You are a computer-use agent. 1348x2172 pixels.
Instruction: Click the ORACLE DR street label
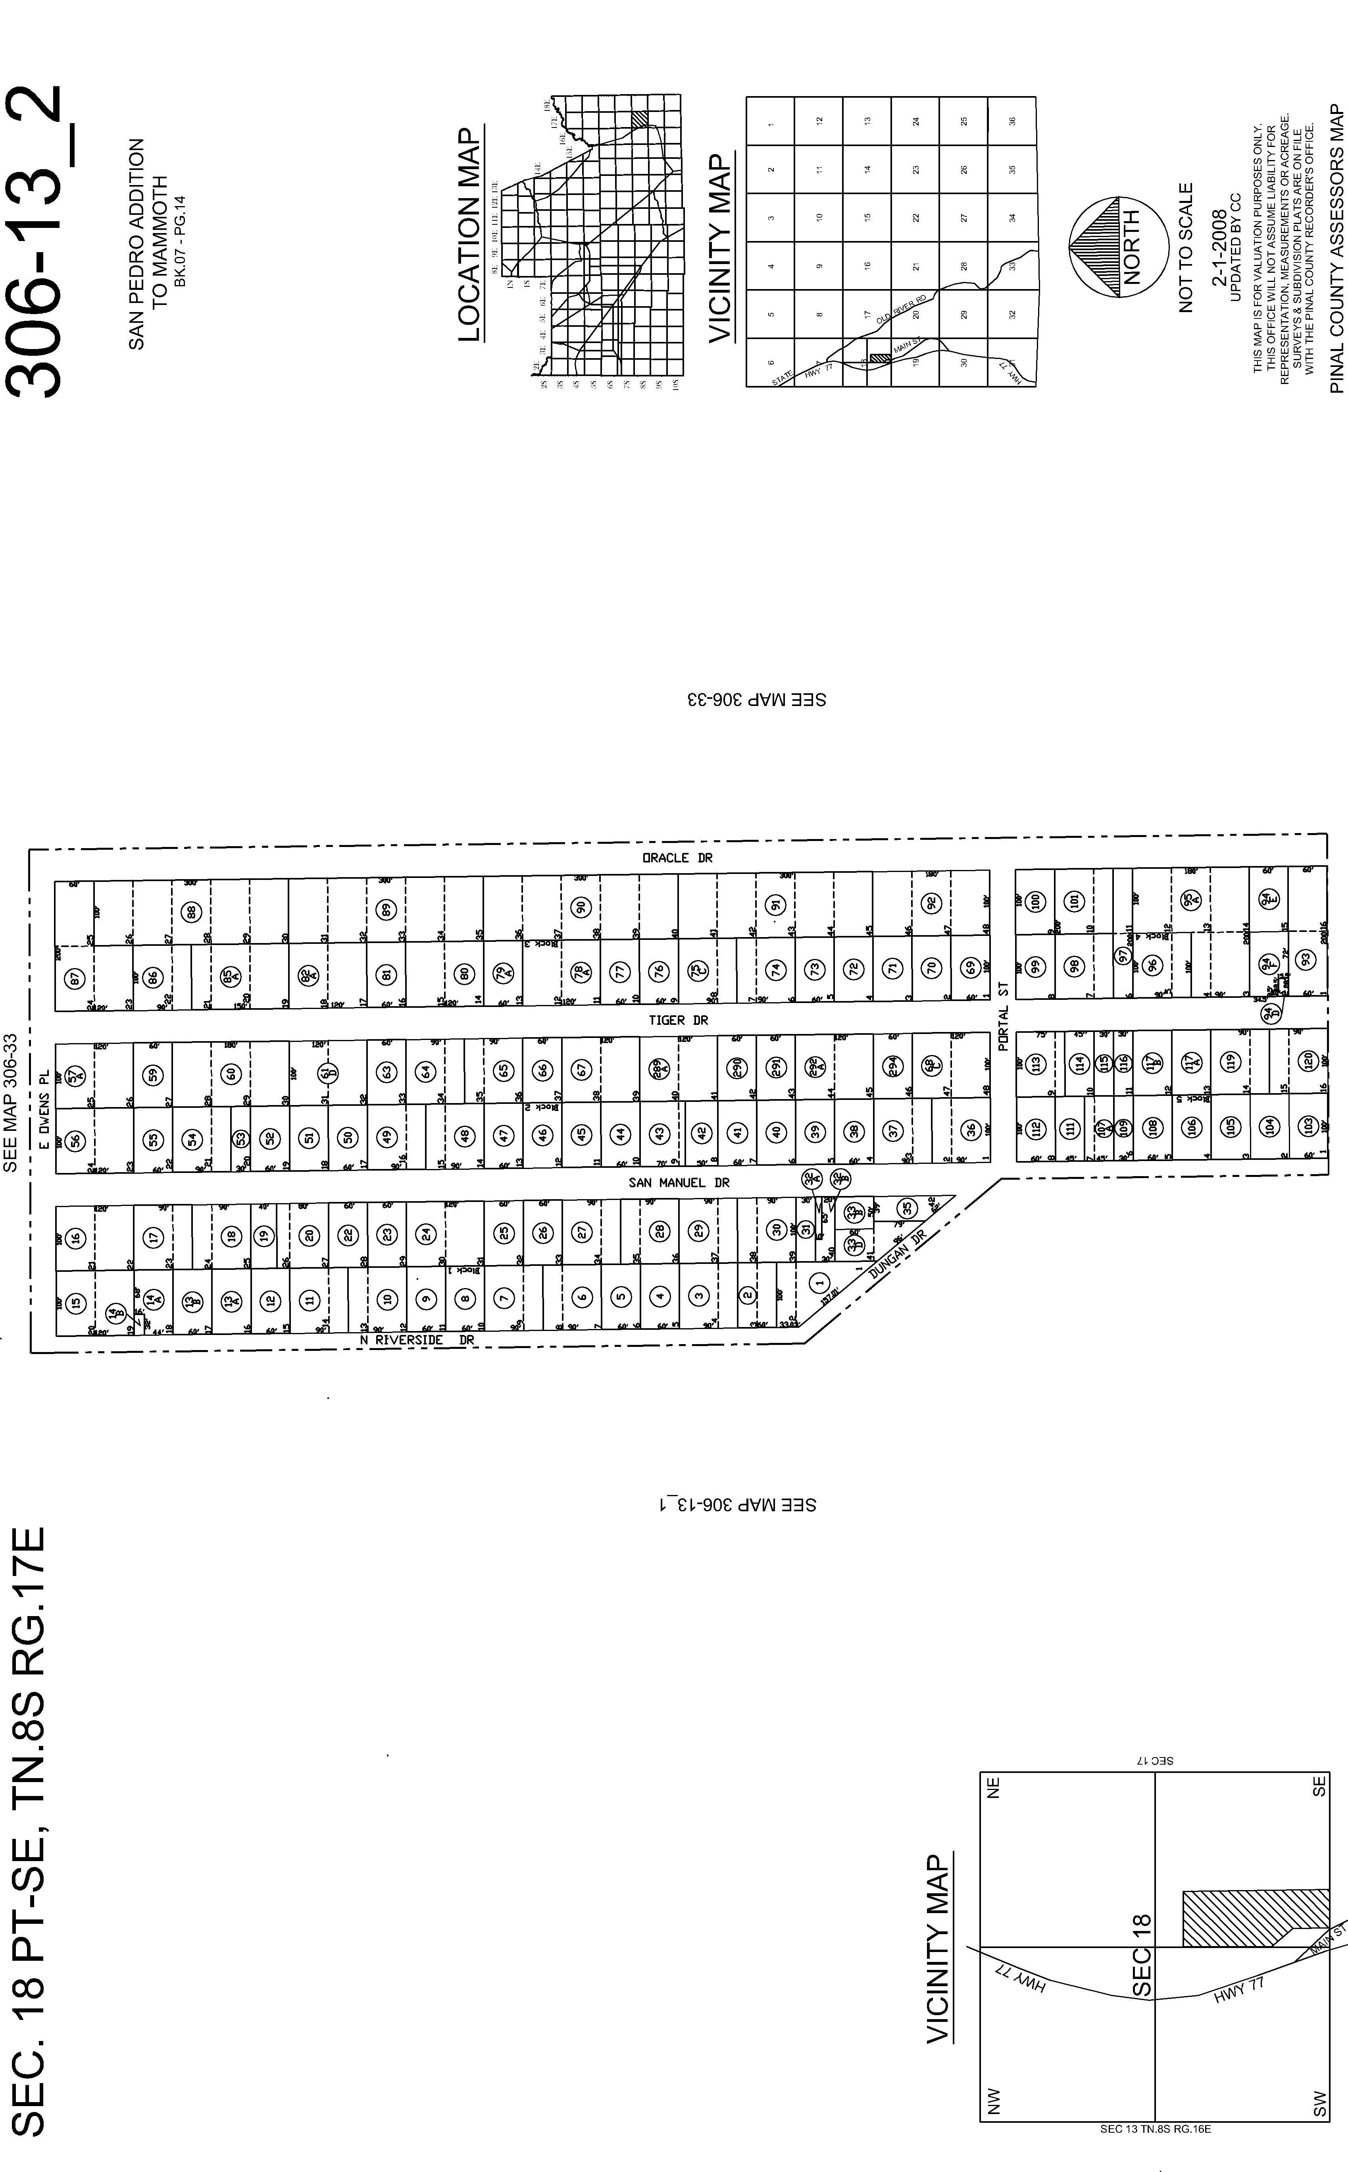[x=677, y=858]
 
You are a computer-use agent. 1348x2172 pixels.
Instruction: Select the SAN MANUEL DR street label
[x=679, y=1183]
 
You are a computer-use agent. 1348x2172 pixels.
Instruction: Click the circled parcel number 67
[x=581, y=1069]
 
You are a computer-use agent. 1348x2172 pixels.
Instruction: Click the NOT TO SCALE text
[x=1186, y=248]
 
